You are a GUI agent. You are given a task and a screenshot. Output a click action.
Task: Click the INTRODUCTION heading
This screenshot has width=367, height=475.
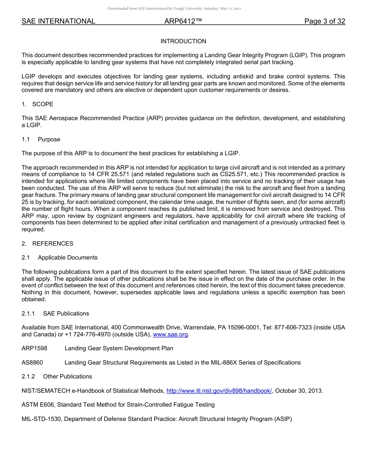183,41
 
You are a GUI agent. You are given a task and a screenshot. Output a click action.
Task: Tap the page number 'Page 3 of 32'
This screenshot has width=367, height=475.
325,22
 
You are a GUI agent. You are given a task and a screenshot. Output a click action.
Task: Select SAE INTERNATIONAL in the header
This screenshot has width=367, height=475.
58,22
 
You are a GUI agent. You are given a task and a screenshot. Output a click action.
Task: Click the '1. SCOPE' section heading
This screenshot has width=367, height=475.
37,104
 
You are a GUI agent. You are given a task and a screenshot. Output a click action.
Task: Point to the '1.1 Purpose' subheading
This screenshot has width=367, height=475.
41,139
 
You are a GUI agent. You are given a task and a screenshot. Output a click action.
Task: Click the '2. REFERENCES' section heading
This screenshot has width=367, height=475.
47,244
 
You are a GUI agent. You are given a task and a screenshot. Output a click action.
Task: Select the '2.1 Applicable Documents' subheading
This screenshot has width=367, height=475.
59,258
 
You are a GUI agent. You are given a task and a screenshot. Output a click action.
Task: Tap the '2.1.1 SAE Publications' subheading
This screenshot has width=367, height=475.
55,314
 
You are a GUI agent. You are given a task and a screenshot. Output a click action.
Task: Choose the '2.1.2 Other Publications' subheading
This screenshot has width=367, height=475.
57,377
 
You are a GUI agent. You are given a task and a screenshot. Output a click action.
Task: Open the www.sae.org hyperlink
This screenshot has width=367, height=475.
170,334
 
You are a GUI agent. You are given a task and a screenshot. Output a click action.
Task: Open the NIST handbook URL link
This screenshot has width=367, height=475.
219,391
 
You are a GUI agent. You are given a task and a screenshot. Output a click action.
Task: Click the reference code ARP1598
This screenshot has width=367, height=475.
34,348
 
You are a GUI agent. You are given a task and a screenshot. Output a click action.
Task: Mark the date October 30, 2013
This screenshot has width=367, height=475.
299,391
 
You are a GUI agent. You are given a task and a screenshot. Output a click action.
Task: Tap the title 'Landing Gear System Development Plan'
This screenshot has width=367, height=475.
119,348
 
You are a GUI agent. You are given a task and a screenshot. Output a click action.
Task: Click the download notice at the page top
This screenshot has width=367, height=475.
174,8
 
